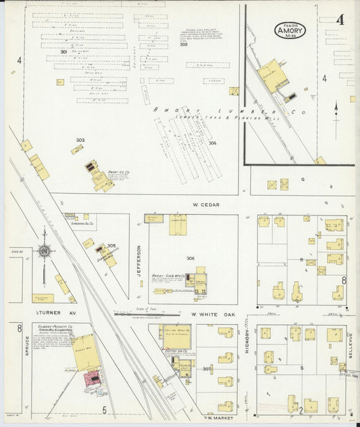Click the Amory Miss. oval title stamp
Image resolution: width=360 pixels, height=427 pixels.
coord(290,30)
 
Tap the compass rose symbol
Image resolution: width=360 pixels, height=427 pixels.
coord(44,251)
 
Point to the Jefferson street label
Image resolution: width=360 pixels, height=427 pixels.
coord(140,260)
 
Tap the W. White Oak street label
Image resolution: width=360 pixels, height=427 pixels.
coord(210,314)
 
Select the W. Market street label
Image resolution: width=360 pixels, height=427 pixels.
coord(219,418)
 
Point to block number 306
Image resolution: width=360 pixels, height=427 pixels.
coord(191,258)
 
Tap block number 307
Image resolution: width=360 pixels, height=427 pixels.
coord(208,369)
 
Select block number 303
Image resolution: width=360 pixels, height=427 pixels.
coord(80,140)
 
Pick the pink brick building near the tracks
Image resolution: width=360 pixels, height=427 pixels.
coord(93,379)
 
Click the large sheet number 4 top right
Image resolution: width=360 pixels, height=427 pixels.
coord(340,20)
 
